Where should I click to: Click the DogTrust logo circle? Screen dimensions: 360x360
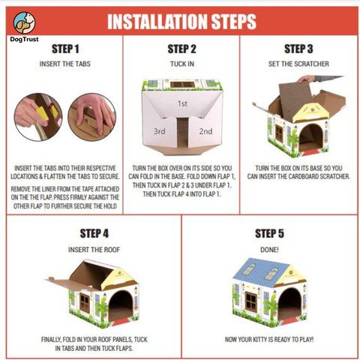click(x=24, y=22)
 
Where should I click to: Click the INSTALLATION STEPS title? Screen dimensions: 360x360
click(x=181, y=22)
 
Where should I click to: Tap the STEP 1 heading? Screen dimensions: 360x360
click(x=65, y=49)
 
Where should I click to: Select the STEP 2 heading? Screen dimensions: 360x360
click(x=181, y=49)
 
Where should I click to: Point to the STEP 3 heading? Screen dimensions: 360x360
click(x=298, y=49)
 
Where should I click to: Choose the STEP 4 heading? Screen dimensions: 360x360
click(x=94, y=233)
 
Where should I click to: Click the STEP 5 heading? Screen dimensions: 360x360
click(x=269, y=233)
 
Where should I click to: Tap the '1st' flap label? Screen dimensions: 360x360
click(x=182, y=103)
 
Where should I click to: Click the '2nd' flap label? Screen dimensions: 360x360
click(x=205, y=131)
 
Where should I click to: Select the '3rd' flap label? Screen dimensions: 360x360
click(x=159, y=131)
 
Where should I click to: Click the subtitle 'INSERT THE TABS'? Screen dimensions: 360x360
click(x=65, y=64)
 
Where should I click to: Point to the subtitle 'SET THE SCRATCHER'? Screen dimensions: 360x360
click(x=298, y=64)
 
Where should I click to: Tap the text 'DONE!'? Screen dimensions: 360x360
click(x=269, y=250)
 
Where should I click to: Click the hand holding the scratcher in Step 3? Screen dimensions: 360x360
click(x=307, y=79)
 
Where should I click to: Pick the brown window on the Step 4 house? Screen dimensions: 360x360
click(x=85, y=303)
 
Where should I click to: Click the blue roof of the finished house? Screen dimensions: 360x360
click(x=260, y=271)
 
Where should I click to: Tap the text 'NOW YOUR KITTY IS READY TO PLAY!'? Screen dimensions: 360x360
click(x=269, y=340)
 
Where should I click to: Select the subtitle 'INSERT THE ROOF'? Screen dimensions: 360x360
click(x=94, y=250)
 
